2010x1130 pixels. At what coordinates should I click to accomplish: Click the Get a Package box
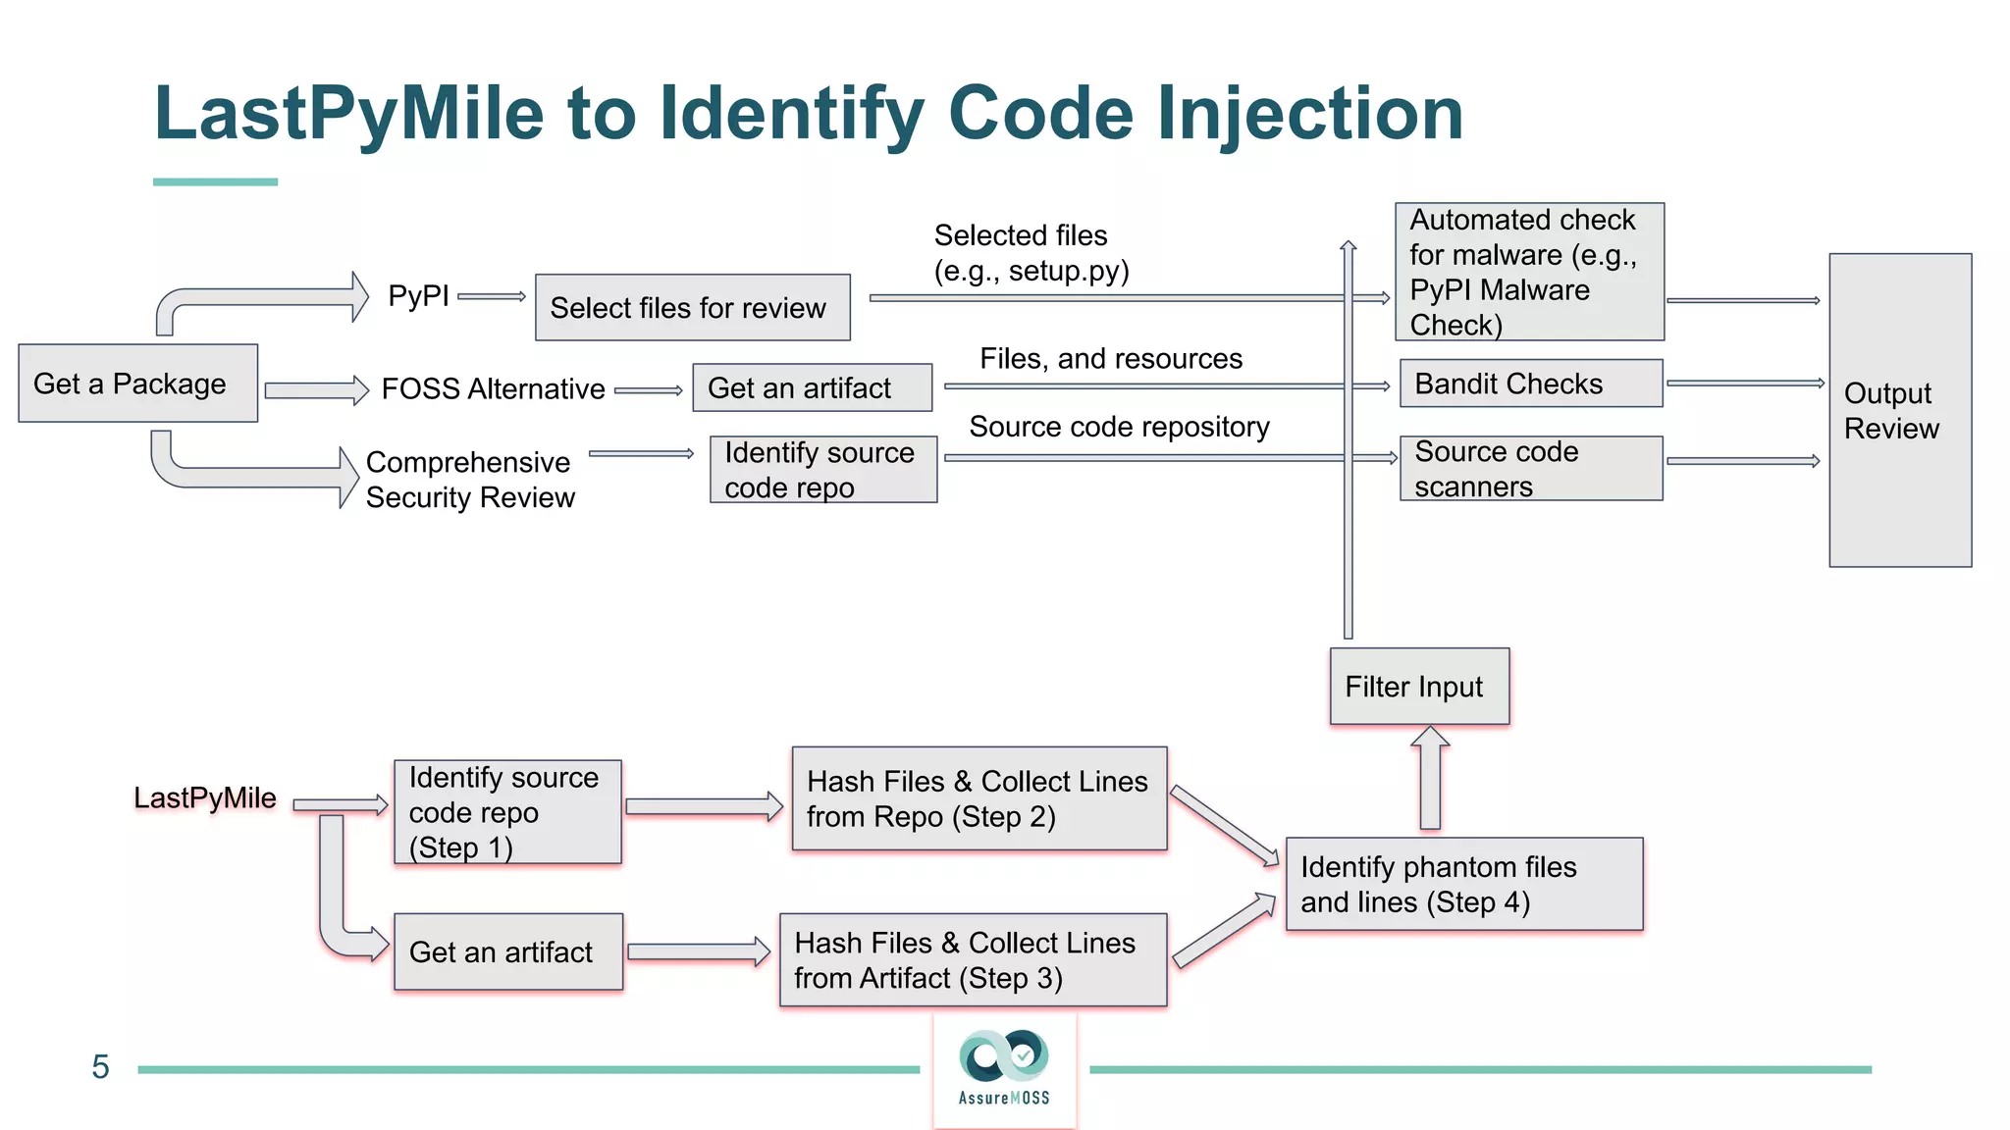[137, 384]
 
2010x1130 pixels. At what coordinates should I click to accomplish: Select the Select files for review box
[692, 308]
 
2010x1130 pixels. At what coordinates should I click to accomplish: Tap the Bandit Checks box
[1530, 384]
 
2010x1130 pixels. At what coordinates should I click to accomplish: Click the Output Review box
[1899, 410]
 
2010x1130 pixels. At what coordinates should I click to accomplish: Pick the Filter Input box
[1418, 687]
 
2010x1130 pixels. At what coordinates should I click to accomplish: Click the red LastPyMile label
[205, 797]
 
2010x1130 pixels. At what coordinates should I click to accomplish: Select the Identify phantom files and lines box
[1463, 884]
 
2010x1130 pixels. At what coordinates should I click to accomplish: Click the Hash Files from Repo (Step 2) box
[979, 798]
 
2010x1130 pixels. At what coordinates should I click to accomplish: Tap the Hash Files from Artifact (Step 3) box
[972, 960]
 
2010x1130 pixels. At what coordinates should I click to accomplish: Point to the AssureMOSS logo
[1004, 1068]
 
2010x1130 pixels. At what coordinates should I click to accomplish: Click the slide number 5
[100, 1067]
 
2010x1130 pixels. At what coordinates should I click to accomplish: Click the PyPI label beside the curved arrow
[418, 295]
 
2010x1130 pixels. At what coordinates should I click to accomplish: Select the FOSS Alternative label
[493, 389]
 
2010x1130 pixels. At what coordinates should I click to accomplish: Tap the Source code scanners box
[1530, 469]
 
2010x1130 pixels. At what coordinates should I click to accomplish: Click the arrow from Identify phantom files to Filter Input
[1430, 778]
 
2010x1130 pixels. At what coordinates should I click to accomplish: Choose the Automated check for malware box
[1528, 272]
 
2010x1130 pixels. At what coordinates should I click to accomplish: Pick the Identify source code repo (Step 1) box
[506, 812]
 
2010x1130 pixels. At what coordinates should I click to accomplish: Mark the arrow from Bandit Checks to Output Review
[1743, 384]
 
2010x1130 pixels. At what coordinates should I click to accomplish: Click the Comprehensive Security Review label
[469, 480]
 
